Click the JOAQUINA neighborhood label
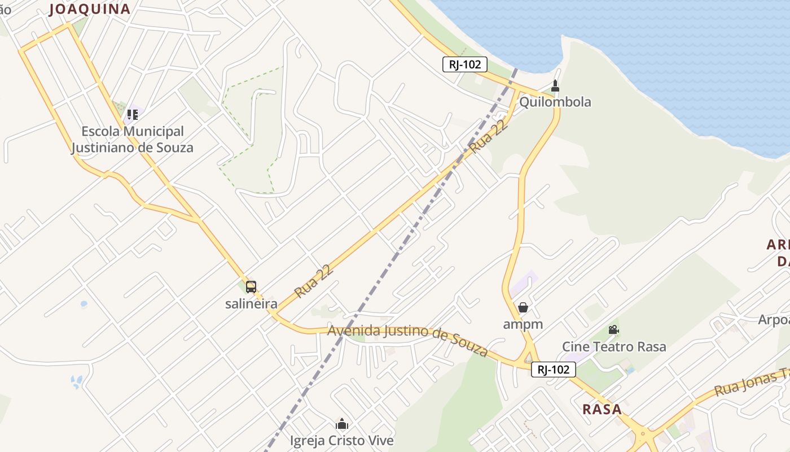(x=90, y=9)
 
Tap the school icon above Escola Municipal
(x=132, y=115)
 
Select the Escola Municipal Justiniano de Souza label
(x=132, y=140)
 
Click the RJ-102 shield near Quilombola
(x=464, y=64)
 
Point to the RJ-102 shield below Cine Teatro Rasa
(x=553, y=370)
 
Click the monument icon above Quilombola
(x=555, y=86)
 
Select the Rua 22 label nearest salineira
(x=314, y=281)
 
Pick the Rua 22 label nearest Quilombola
(x=488, y=136)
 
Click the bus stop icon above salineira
(x=251, y=287)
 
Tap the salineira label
(x=251, y=304)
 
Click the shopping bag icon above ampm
(x=523, y=307)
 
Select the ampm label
(x=523, y=324)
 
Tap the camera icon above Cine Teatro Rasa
(x=613, y=329)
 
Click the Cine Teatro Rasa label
(x=614, y=346)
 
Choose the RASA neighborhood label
(x=602, y=409)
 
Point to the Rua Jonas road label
(x=750, y=383)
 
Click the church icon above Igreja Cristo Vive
(x=342, y=424)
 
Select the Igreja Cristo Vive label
(x=342, y=440)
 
